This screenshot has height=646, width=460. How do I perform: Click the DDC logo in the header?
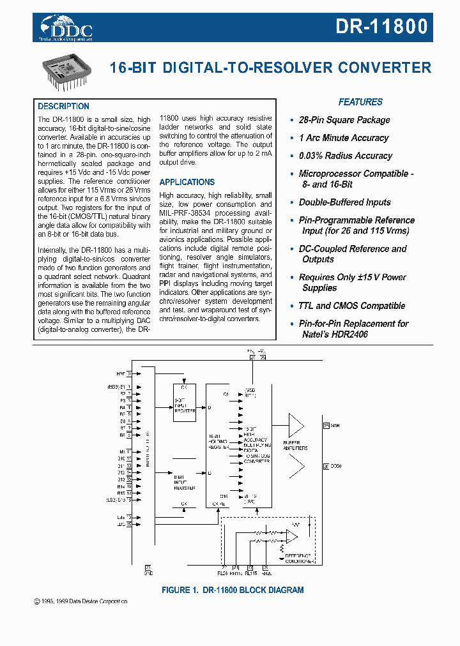click(x=66, y=28)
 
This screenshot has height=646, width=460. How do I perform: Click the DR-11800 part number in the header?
click(x=382, y=27)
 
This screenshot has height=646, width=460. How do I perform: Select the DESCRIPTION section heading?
click(x=63, y=107)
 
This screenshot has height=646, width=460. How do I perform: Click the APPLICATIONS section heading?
click(x=187, y=182)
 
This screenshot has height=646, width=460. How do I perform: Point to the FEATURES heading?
click(x=360, y=102)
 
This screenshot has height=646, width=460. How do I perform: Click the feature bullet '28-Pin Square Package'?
click(x=344, y=120)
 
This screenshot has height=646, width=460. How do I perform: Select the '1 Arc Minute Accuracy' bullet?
click(x=343, y=138)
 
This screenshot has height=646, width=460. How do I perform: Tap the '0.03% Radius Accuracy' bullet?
click(x=345, y=156)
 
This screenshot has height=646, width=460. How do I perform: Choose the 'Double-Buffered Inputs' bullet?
click(x=344, y=202)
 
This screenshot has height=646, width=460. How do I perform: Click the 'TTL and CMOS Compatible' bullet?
click(x=351, y=306)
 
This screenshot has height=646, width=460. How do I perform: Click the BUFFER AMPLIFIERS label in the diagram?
click(x=295, y=446)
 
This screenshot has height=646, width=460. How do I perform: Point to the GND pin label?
click(x=148, y=573)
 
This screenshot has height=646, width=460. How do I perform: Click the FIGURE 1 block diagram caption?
click(x=232, y=590)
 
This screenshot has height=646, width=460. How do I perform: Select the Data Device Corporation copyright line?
click(x=80, y=601)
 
